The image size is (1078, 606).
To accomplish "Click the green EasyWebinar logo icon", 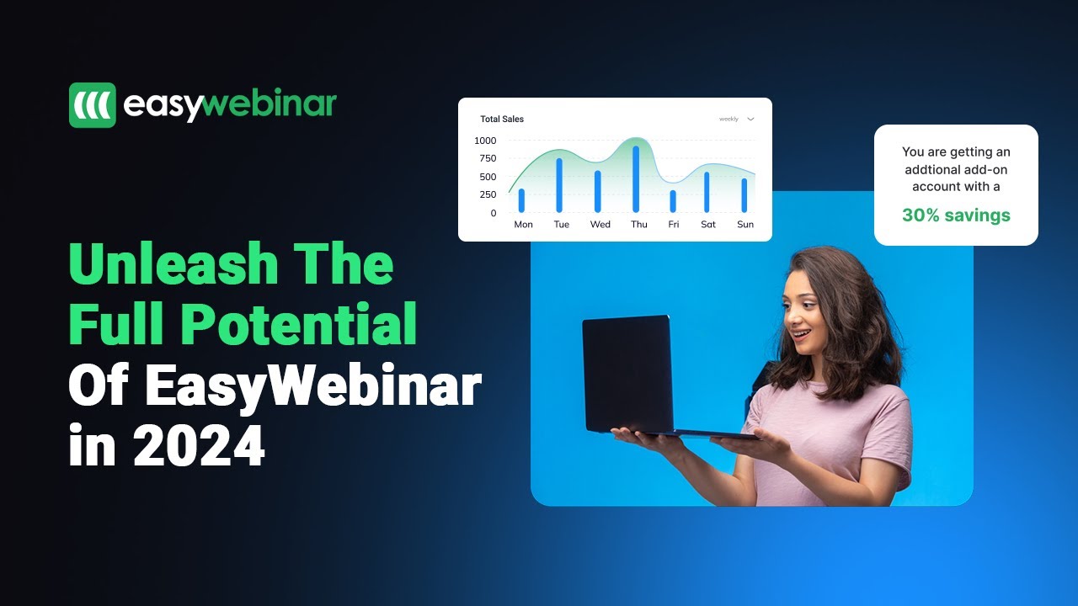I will coord(93,105).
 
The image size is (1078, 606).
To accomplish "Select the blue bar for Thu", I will coord(636,179).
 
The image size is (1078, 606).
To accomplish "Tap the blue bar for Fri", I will coord(673,201).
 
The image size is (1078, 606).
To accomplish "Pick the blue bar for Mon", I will coord(521,200).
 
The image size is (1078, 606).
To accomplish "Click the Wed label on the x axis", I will coord(600,225).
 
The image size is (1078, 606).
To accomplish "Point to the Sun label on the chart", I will coord(745,225).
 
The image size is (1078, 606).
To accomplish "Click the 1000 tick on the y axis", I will coord(485,141).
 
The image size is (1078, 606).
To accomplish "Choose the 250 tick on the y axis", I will coord(488,195).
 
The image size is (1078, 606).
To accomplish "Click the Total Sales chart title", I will coord(502,120).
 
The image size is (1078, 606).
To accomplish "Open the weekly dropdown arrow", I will coord(750,120).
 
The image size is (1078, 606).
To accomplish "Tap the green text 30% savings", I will coord(956,215).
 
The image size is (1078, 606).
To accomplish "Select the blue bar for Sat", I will coord(707,192).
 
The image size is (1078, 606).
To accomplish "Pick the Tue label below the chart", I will coord(562,225).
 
